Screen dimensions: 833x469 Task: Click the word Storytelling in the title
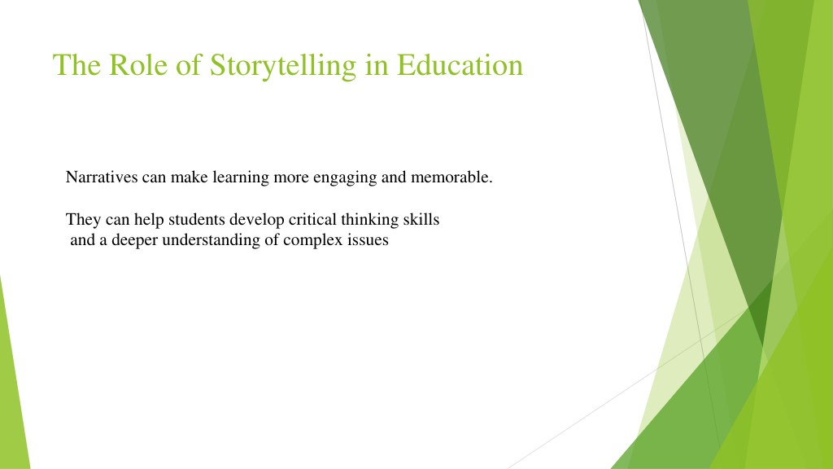282,66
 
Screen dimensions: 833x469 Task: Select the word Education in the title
460,65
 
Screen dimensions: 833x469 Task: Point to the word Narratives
102,177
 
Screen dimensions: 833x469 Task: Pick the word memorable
451,177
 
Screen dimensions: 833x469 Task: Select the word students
197,220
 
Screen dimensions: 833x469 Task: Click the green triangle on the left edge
11,393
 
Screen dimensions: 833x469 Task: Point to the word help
149,220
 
